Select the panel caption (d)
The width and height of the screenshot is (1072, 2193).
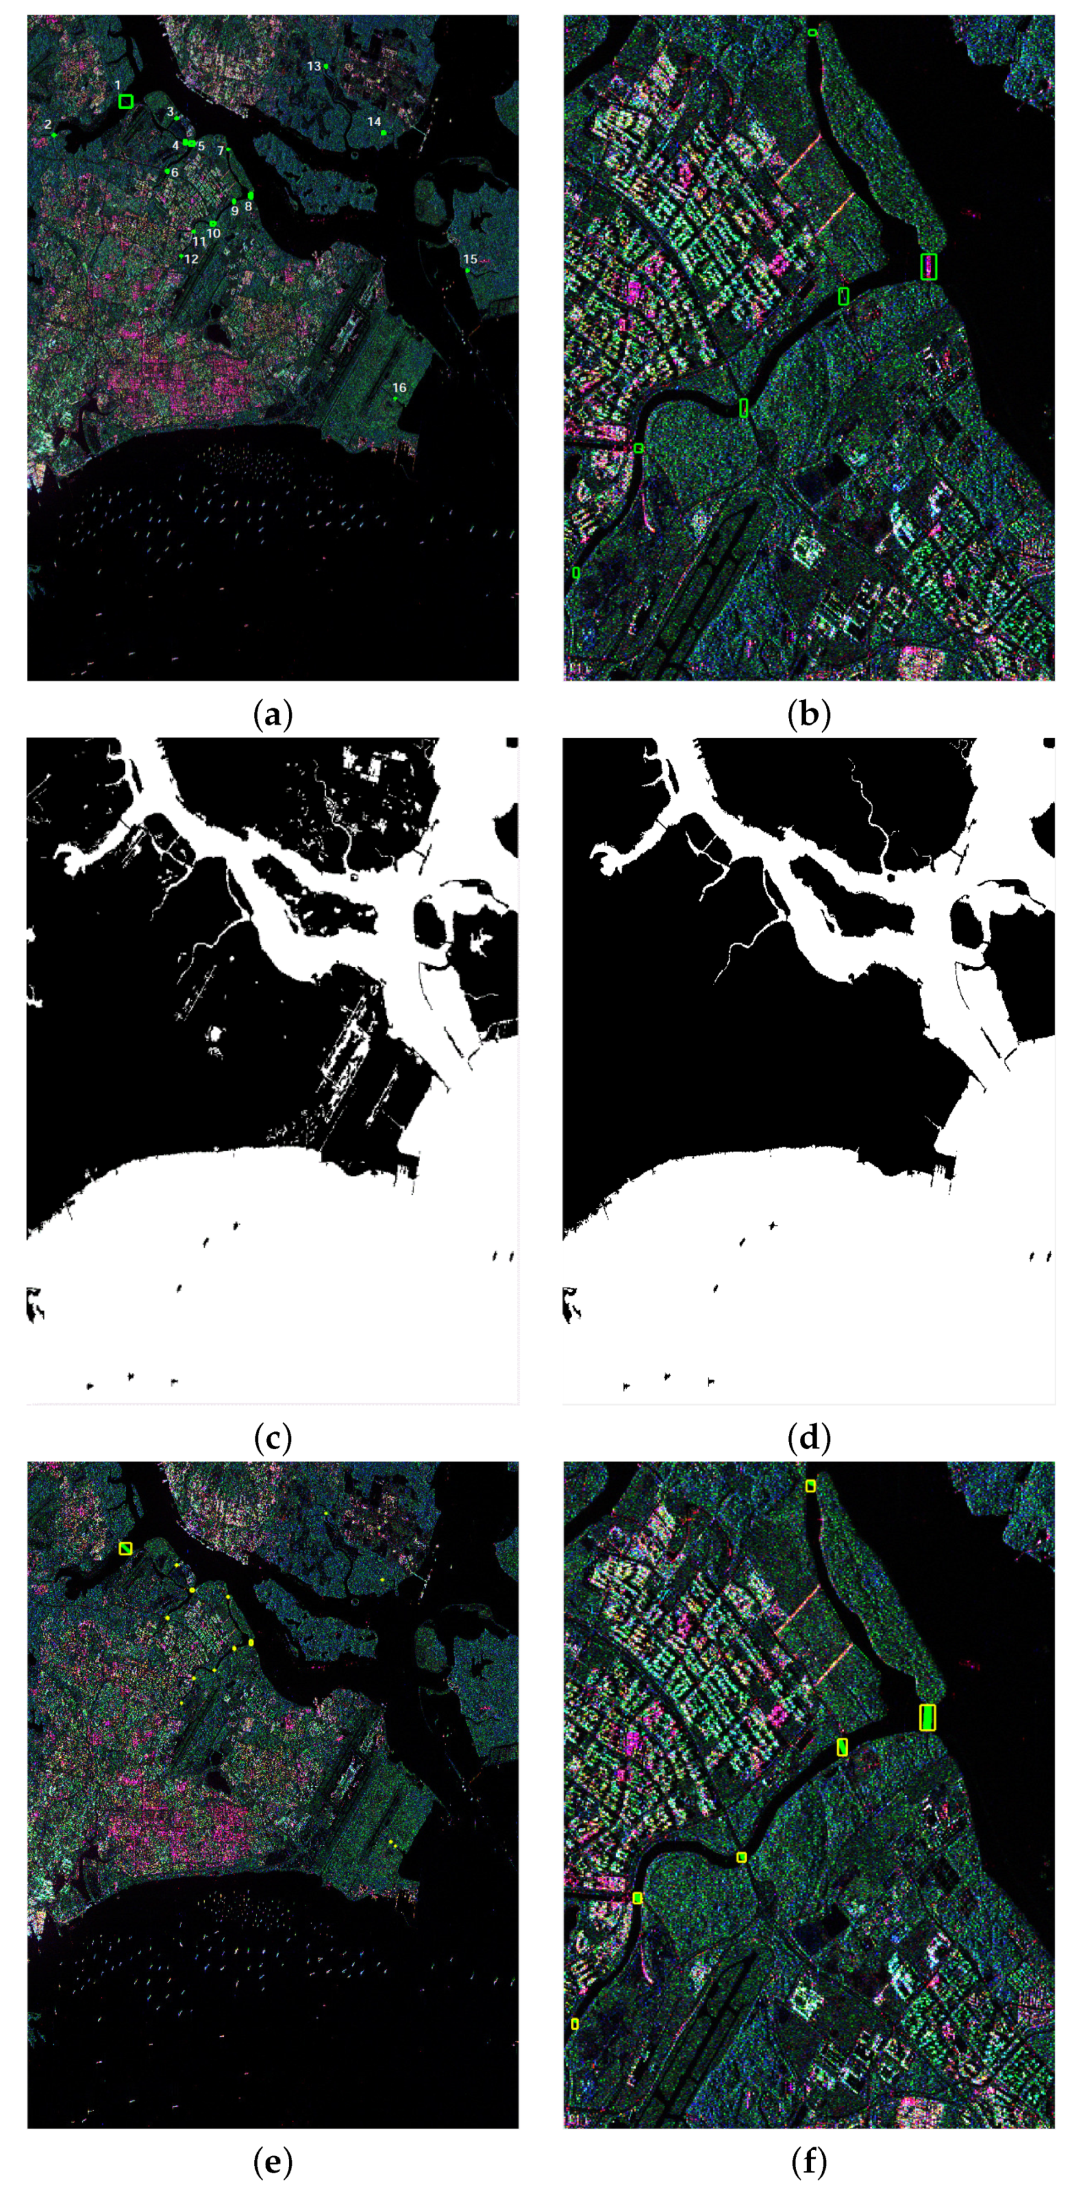pyautogui.click(x=809, y=1438)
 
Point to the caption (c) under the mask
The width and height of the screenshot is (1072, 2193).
pyautogui.click(x=272, y=1438)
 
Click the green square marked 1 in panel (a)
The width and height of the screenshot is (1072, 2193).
pyautogui.click(x=126, y=101)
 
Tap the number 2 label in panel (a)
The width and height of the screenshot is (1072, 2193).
pyautogui.click(x=48, y=124)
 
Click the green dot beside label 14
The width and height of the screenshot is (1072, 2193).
pyautogui.click(x=384, y=133)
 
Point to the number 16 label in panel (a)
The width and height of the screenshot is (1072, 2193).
pyautogui.click(x=400, y=388)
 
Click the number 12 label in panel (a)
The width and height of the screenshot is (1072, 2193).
pyautogui.click(x=191, y=259)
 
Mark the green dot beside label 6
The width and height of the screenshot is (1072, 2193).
pyautogui.click(x=167, y=171)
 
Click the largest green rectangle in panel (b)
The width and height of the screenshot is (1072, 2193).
pyautogui.click(x=929, y=266)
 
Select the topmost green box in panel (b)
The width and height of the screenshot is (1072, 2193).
pyautogui.click(x=812, y=33)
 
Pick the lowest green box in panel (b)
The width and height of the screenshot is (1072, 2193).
pyautogui.click(x=576, y=573)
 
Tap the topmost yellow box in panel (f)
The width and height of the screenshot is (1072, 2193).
pyautogui.click(x=811, y=1486)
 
